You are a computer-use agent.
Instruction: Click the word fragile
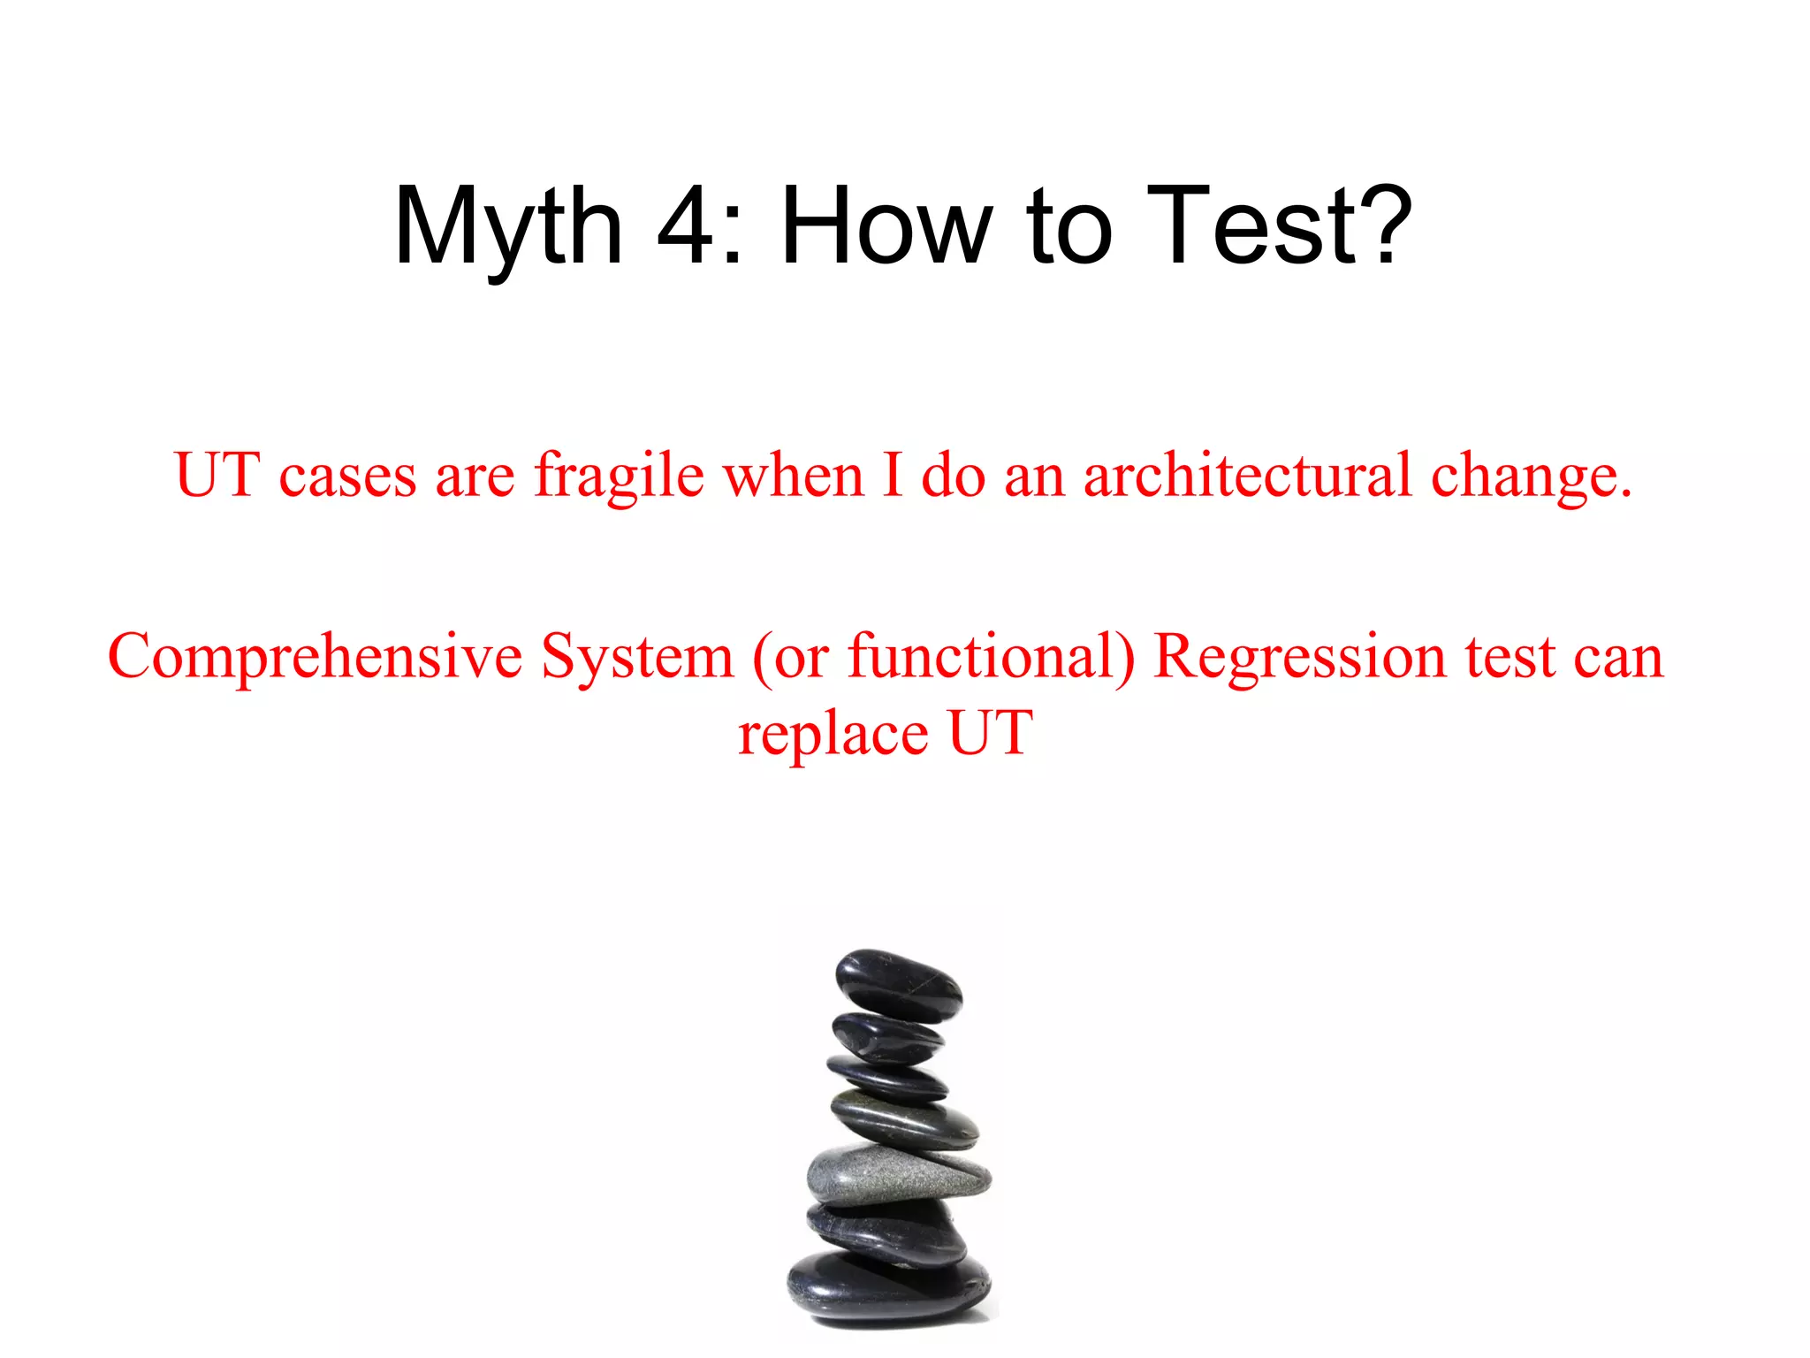[x=619, y=477]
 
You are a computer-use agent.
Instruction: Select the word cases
[x=347, y=477]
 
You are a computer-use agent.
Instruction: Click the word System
[x=637, y=659]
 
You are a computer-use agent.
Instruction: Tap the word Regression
[x=1300, y=659]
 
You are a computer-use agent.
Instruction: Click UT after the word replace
[x=990, y=734]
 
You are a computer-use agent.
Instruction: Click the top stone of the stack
[x=899, y=985]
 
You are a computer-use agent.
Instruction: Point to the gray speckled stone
[x=897, y=1176]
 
